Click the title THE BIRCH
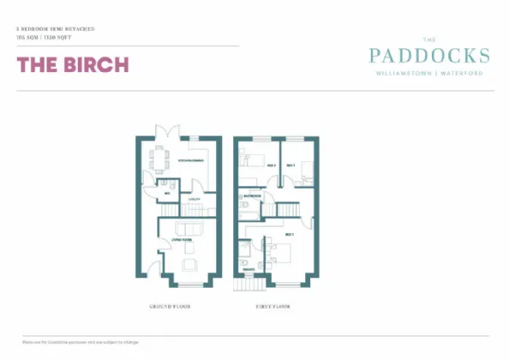73,64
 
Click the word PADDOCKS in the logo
429,57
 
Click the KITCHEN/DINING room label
189,161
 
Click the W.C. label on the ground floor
168,194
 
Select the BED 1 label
290,234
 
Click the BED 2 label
271,164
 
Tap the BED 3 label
290,165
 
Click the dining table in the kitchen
157,159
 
